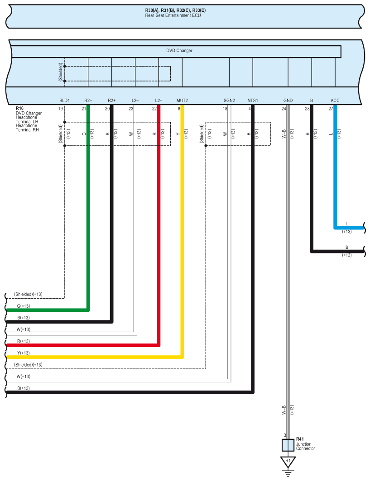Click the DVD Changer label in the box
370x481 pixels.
179,51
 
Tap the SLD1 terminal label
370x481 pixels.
64,100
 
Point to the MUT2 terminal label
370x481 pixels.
182,100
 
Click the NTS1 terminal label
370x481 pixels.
252,100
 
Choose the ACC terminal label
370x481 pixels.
335,100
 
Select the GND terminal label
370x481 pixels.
288,100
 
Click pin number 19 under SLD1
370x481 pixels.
60,109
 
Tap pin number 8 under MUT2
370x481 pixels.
179,109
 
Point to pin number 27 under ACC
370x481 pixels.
331,109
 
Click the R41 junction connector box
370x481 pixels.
288,445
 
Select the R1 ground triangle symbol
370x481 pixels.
288,462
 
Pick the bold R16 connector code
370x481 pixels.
19,109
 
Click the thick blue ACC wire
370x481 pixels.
335,181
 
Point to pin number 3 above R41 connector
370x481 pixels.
284,435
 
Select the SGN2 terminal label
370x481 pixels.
229,100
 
